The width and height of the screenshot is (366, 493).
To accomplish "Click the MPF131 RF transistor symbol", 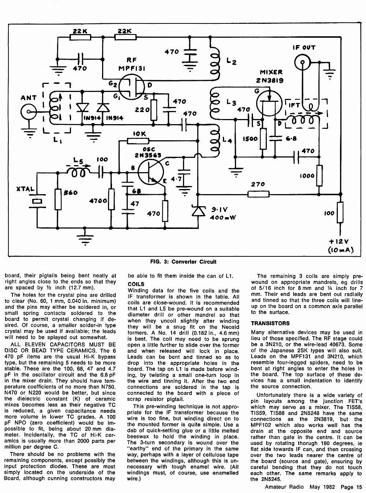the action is point(131,87).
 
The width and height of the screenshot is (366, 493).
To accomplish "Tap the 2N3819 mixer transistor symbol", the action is point(269,103).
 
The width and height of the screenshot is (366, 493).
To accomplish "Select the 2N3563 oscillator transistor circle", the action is point(151,172).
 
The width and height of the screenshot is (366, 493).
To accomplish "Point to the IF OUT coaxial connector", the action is point(302,62).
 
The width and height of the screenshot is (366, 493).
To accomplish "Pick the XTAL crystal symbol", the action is point(37,201).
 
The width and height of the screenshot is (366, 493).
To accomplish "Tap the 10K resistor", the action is point(138,141).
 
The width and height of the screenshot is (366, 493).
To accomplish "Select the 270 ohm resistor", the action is point(258,194).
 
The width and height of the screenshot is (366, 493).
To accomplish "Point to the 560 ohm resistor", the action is point(58,199).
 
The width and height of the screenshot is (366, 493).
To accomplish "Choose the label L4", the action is point(227,140).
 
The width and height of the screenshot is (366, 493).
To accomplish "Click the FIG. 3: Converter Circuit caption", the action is point(183,262).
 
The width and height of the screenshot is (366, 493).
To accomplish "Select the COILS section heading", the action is point(136,284).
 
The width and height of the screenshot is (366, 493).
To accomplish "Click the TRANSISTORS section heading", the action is point(270,323).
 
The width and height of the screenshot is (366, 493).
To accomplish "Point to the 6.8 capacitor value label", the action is point(291,138).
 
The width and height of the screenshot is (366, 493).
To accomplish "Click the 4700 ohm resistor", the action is point(112,199).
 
